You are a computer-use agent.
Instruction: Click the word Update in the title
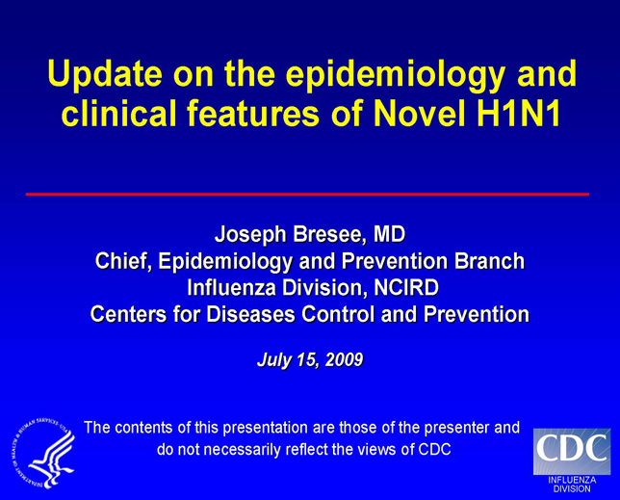105,73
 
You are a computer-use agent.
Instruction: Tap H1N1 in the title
519,114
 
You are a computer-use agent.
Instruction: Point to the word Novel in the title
420,114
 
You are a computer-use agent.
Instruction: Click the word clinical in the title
118,114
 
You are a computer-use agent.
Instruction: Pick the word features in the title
253,114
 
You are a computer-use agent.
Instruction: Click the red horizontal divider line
307,195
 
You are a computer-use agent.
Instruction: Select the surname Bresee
327,234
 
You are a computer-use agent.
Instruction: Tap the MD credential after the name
390,234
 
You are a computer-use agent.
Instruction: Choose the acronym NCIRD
406,288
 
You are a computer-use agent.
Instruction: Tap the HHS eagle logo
43,453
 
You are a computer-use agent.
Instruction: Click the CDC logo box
572,451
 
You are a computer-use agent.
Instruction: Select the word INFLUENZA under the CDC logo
572,480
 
